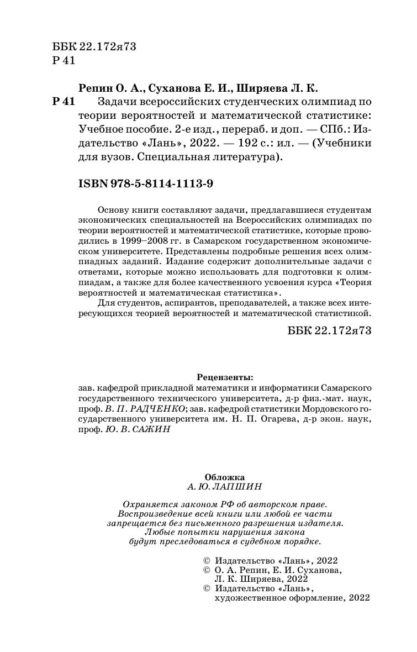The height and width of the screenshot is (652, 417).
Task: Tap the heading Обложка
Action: click(x=225, y=476)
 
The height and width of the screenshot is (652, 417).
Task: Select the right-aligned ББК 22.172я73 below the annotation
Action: click(x=328, y=330)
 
